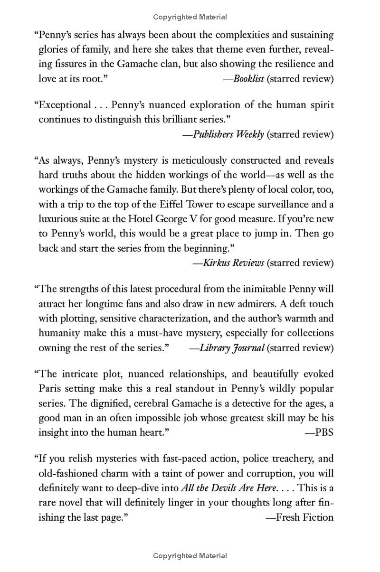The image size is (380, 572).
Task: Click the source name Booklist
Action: tap(248, 79)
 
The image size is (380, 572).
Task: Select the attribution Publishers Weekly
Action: tap(228, 134)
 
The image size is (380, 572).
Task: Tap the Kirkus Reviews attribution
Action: tap(233, 263)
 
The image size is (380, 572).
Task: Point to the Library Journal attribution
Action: tap(232, 348)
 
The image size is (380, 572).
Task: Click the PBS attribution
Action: tap(324, 432)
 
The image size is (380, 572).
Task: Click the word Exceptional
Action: tap(65, 105)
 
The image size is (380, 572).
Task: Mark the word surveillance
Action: tap(278, 204)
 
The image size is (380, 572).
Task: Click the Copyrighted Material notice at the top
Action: tap(190, 17)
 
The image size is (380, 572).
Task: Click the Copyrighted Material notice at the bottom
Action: tap(190, 556)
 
